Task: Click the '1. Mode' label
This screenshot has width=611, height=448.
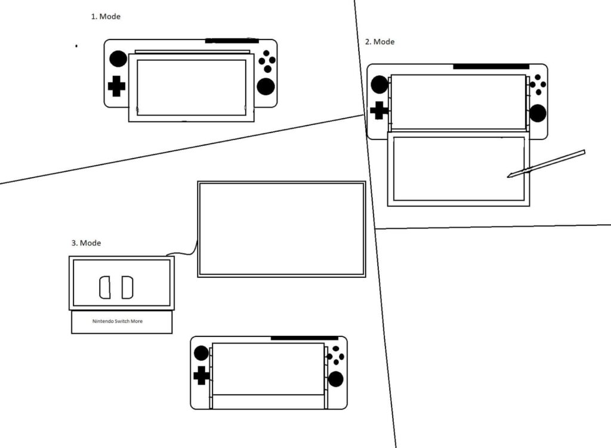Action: coord(106,17)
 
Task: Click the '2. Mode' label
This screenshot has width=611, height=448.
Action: coord(379,42)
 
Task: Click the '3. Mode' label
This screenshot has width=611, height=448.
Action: coord(86,243)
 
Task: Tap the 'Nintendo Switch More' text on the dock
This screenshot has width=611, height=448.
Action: coord(121,321)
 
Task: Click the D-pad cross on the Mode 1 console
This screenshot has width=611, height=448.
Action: coord(116,86)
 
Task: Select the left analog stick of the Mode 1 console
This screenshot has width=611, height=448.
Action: coord(118,58)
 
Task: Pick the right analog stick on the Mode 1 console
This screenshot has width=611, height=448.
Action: coord(266,86)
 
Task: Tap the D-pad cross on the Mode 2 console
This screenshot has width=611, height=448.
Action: coord(379,110)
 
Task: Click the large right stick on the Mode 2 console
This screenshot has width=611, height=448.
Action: coord(538,113)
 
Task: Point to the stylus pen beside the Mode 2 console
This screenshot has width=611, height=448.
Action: coord(546,163)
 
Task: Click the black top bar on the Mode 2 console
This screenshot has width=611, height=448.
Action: coord(491,67)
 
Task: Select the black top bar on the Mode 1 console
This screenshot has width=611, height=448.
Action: coord(232,41)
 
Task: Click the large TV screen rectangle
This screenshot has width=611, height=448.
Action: coord(281,229)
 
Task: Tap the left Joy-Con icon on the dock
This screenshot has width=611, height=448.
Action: coord(104,288)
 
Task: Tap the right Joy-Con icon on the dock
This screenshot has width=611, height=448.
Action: coord(127,288)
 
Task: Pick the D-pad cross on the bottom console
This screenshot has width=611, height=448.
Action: coord(202,375)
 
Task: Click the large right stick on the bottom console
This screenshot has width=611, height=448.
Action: coord(336,379)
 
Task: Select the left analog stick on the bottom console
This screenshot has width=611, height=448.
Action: coord(202,353)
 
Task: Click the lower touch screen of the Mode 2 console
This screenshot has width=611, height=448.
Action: coord(458,169)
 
